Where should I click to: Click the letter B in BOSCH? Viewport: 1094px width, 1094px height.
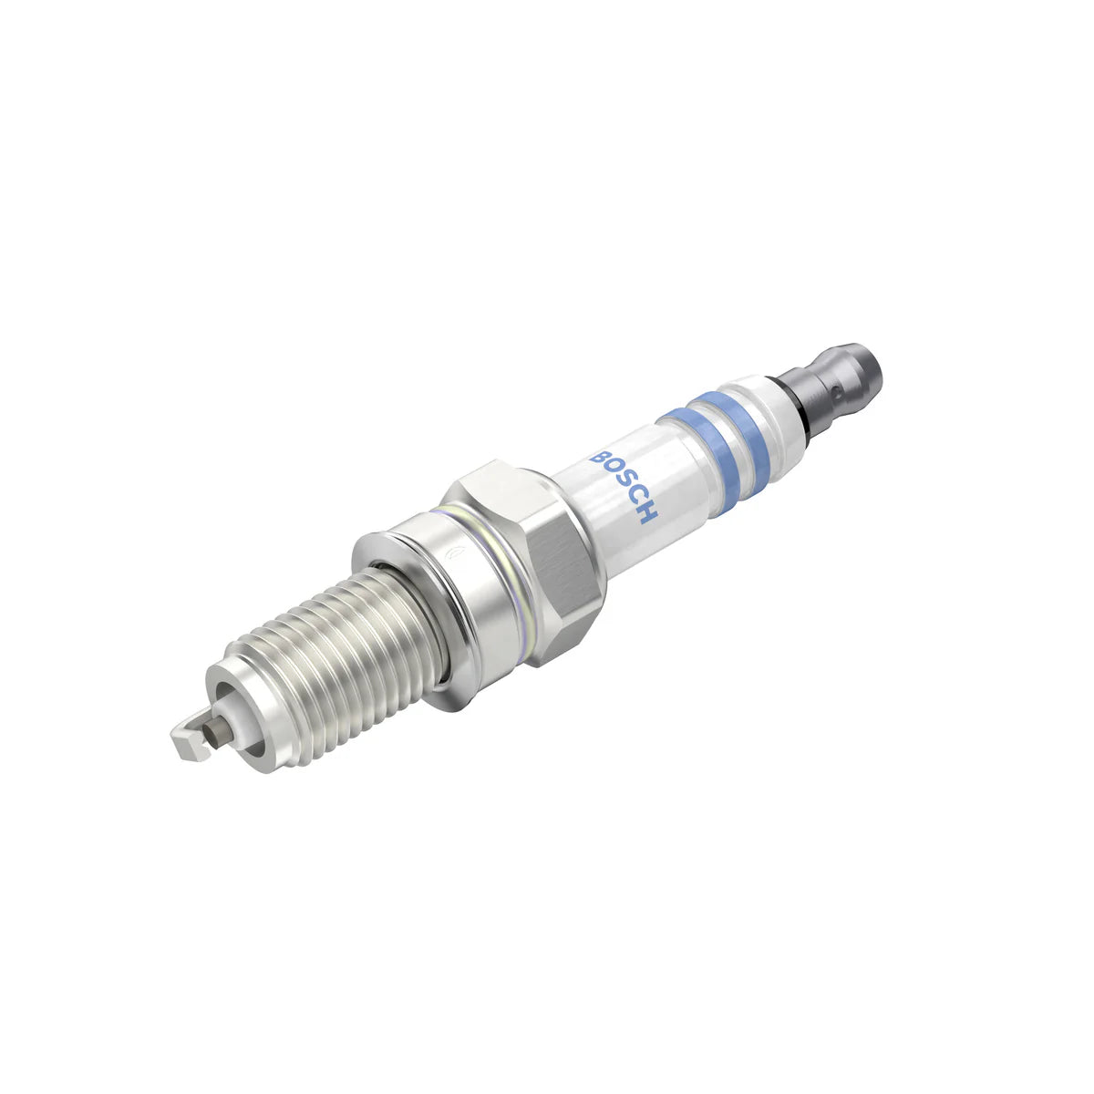[x=599, y=453]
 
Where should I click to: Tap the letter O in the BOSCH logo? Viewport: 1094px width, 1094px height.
[x=610, y=466]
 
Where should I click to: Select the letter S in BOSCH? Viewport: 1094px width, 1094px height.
[x=622, y=481]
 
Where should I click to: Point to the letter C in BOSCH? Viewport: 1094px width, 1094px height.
[x=634, y=496]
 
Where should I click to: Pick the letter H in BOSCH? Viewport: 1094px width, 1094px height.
[x=645, y=512]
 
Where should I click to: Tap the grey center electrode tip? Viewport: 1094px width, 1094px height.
[x=216, y=729]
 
